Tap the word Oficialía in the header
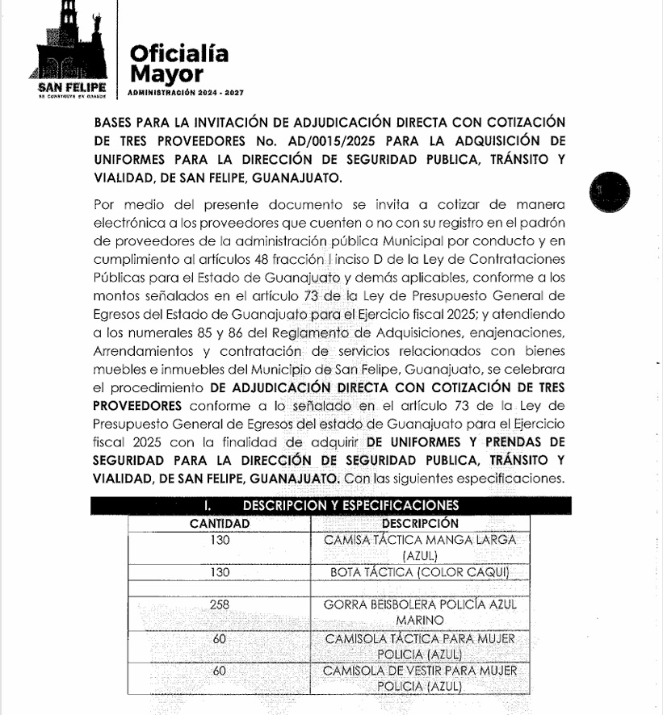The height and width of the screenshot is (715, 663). point(179,54)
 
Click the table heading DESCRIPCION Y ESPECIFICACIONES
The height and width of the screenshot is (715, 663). point(350,506)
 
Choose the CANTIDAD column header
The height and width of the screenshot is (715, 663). point(219,523)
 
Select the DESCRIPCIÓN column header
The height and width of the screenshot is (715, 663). point(419,523)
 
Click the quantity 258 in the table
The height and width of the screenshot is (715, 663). point(219,604)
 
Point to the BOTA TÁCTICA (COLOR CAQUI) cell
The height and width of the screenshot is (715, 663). point(419,572)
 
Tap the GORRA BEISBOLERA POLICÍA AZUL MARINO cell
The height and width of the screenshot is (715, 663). point(419,612)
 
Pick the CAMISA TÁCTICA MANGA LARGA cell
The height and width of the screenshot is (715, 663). point(419,547)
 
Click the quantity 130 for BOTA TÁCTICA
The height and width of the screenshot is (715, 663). point(219,572)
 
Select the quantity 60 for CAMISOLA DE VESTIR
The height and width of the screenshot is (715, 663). point(219,671)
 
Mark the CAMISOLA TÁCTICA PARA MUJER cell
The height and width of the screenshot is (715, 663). point(419,646)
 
